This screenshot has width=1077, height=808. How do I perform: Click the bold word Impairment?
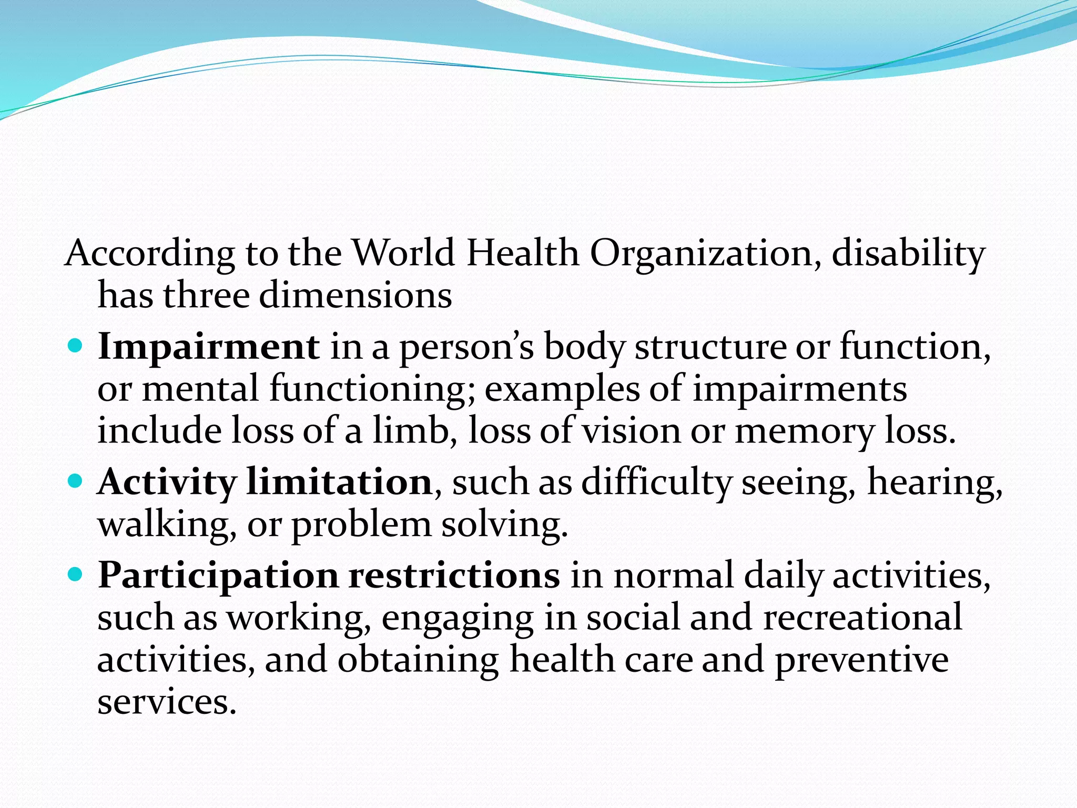click(208, 347)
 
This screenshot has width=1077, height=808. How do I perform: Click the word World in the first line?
click(403, 253)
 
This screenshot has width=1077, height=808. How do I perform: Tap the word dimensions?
click(355, 295)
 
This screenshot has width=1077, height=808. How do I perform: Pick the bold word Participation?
click(218, 576)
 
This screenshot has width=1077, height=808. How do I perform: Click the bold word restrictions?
click(454, 575)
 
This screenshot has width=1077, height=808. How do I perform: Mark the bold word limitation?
click(339, 482)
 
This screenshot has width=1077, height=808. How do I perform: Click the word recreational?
click(862, 617)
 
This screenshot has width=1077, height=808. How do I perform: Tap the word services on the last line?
click(167, 702)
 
